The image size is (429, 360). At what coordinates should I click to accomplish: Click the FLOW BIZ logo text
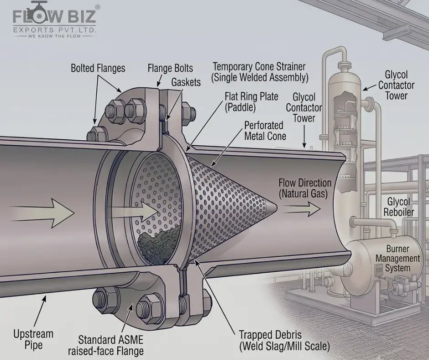coord(54,16)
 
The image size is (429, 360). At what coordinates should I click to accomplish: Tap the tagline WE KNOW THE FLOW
coord(54,36)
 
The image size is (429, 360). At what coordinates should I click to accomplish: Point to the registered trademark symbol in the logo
coord(98,7)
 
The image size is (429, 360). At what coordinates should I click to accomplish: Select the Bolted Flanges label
coord(98,68)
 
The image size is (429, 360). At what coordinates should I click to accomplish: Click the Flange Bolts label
coord(170,68)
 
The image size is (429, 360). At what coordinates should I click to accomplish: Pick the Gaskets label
coord(186,82)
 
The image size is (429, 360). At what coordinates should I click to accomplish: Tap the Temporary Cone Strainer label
coord(259,72)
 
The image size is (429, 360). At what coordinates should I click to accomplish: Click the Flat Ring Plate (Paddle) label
coord(251,102)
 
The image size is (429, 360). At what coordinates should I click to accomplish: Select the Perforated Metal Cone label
coord(265,131)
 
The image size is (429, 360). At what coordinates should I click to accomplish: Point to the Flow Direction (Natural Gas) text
coord(305,188)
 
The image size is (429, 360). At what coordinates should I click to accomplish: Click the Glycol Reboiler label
coord(398,207)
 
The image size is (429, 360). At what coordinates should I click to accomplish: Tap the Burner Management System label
coord(398,259)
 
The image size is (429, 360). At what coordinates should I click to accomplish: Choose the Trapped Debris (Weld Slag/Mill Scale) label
coord(284,340)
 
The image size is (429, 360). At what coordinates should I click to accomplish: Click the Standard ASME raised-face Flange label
coord(105,345)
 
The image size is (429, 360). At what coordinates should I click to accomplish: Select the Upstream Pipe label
coord(33,339)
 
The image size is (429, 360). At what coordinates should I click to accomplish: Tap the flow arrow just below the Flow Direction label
coord(301,209)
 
